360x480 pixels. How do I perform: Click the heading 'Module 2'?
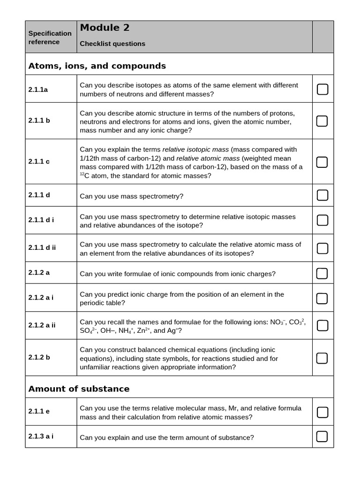click(x=105, y=28)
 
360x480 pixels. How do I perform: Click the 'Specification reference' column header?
click(x=50, y=37)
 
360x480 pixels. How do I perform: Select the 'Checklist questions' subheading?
click(x=112, y=44)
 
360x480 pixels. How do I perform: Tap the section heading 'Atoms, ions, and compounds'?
click(x=97, y=66)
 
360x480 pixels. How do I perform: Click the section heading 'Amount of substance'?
click(x=79, y=389)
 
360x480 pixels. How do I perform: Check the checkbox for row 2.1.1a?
click(x=322, y=89)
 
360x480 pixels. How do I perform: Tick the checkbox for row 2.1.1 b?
click(x=322, y=121)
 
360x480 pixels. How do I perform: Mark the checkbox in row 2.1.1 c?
click(x=322, y=162)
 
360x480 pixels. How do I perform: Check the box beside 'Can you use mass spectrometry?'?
click(x=322, y=195)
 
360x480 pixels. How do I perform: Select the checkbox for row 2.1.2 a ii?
click(x=322, y=325)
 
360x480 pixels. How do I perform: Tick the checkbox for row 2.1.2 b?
click(x=322, y=358)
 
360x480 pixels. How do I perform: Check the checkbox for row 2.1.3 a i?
click(x=322, y=437)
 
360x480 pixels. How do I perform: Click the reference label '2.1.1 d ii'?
click(x=42, y=247)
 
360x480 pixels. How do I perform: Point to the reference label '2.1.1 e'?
click(x=39, y=411)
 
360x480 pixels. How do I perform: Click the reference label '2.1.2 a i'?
click(x=41, y=298)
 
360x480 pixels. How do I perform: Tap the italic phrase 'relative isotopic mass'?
click(x=195, y=150)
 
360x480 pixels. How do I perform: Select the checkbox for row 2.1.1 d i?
click(x=322, y=220)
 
